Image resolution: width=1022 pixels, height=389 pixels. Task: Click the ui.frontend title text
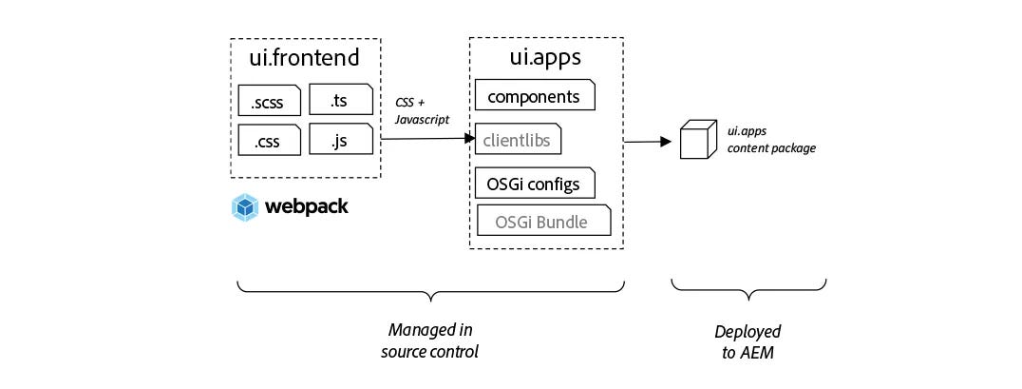pyautogui.click(x=305, y=58)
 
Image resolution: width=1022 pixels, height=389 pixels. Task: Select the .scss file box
pyautogui.click(x=269, y=99)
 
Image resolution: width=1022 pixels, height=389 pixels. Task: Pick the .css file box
pyautogui.click(x=269, y=141)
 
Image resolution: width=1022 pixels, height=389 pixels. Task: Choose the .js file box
pyautogui.click(x=340, y=141)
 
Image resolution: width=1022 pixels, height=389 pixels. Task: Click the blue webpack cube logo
pyautogui.click(x=245, y=206)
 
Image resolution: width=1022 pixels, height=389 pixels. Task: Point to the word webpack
pyautogui.click(x=306, y=206)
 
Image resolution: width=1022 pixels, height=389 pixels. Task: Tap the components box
pyautogui.click(x=535, y=97)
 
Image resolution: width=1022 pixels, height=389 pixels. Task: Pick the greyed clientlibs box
pyautogui.click(x=518, y=140)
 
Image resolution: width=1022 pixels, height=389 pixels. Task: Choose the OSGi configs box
pyautogui.click(x=535, y=183)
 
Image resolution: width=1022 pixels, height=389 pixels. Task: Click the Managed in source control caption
pyautogui.click(x=431, y=340)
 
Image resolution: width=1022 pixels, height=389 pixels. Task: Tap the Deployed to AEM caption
pyautogui.click(x=748, y=340)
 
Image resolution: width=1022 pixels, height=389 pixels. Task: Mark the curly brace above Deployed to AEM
pyautogui.click(x=748, y=288)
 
